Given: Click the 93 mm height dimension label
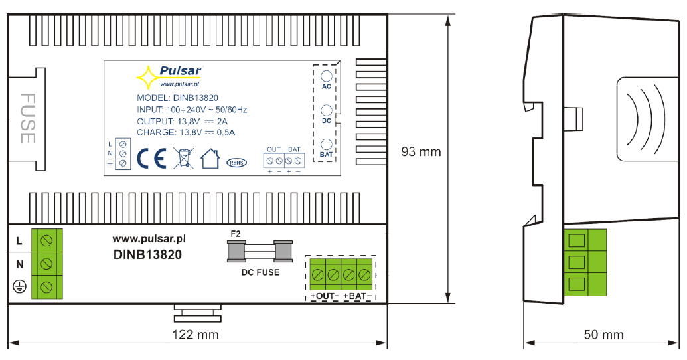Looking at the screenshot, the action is click(x=421, y=152).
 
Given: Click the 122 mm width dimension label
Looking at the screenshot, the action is click(x=195, y=335).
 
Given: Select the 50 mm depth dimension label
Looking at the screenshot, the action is click(x=604, y=335).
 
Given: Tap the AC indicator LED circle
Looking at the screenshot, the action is click(x=327, y=76).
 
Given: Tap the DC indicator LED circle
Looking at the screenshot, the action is click(x=327, y=110).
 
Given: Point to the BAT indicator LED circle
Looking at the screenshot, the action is click(x=327, y=144).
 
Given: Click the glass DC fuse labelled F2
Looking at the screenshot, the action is click(x=260, y=251).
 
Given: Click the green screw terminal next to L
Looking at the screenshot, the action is click(x=46, y=240).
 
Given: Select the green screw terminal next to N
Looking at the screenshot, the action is click(x=46, y=264).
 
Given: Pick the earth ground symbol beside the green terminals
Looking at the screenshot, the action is click(x=19, y=287).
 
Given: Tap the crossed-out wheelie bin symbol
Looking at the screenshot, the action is click(x=184, y=158).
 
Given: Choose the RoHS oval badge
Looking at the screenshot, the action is click(x=236, y=163).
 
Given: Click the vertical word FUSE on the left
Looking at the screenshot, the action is click(x=28, y=118).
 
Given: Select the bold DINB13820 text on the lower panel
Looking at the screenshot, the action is click(x=147, y=255).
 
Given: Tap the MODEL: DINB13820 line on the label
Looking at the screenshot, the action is click(x=177, y=98).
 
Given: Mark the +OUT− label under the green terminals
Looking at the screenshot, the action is click(x=325, y=296).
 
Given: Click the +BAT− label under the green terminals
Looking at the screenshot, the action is click(x=358, y=296).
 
